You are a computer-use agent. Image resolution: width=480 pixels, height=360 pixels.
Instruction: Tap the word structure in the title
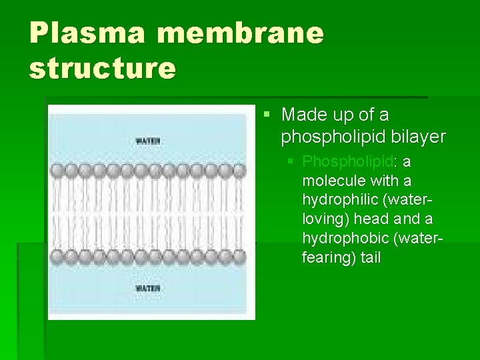pos(102,68)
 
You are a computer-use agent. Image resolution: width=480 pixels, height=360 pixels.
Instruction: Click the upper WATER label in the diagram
pos(148,141)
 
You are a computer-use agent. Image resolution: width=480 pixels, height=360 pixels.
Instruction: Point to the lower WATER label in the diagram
pos(148,288)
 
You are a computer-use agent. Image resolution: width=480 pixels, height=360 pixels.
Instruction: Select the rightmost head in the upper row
pos(239,171)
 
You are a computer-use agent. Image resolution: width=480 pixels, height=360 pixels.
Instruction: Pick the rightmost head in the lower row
pos(239,256)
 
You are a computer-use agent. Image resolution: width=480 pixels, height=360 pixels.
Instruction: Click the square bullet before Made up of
pos(267,115)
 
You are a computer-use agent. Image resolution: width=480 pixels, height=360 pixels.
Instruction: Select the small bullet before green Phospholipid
pos(289,162)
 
